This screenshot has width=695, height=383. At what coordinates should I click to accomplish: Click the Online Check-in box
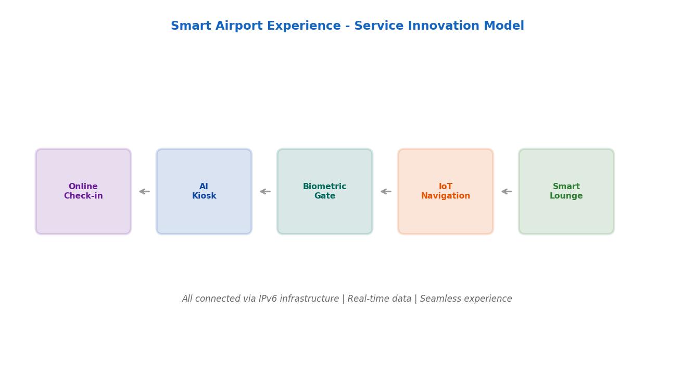click(83, 191)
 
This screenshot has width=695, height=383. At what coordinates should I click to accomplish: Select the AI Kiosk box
click(204, 191)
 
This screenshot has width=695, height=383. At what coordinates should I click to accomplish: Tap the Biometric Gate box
click(324, 191)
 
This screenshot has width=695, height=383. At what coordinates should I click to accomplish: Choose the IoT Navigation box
click(446, 191)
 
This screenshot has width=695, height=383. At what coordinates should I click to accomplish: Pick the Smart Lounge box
click(566, 191)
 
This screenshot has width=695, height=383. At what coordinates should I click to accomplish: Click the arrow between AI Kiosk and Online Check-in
click(144, 191)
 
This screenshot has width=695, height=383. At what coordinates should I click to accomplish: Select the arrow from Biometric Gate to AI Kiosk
click(265, 191)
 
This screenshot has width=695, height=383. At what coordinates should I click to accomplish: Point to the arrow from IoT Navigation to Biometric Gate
click(386, 191)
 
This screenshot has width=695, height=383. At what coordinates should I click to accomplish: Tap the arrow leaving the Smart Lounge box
click(507, 191)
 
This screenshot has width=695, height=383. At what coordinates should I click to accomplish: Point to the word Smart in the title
click(191, 26)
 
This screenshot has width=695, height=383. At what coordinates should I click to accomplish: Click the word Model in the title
click(504, 26)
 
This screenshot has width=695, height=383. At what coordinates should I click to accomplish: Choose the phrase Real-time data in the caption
click(379, 299)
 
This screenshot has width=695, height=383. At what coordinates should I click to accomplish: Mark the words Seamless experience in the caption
click(466, 299)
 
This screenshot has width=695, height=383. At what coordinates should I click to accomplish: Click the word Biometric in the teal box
click(324, 187)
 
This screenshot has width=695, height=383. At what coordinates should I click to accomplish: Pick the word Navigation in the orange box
click(446, 196)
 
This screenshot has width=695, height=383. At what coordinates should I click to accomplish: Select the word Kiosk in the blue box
click(204, 196)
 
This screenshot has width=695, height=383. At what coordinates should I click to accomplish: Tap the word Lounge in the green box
click(566, 196)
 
